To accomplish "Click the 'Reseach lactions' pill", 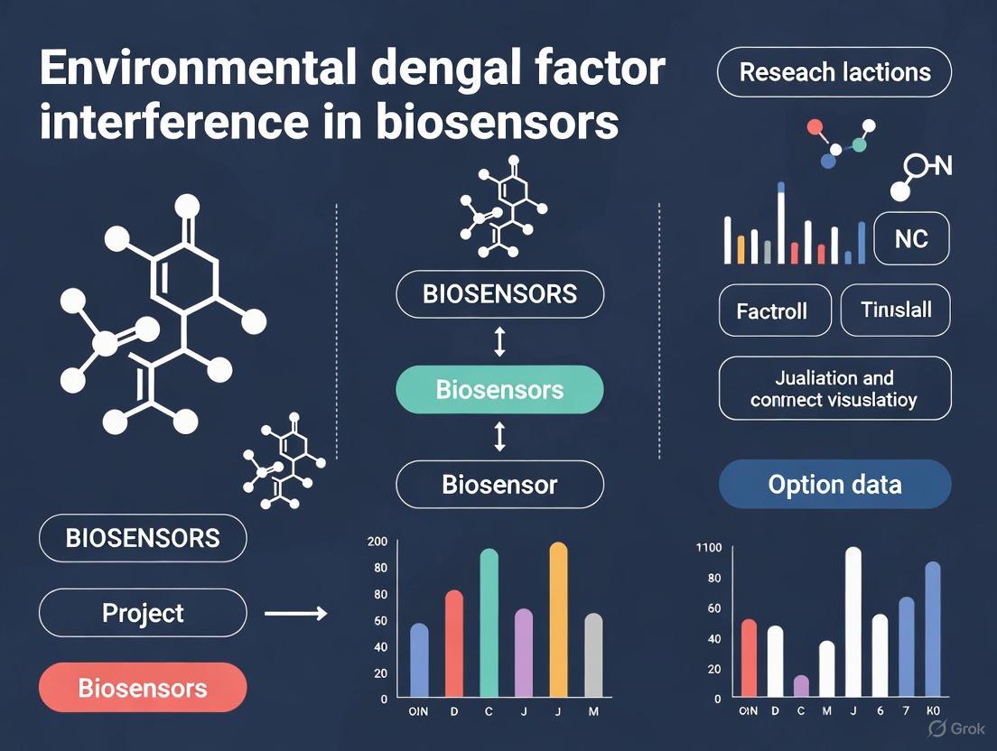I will [834, 72].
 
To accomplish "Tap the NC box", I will [911, 239].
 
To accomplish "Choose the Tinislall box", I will [895, 310].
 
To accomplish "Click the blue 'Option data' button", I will [834, 485].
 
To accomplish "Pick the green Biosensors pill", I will [499, 390].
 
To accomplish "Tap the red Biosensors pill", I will [143, 689].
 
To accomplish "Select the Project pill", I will [143, 614].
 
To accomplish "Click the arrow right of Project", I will [295, 614].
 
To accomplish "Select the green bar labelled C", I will [489, 623].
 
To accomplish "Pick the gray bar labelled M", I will [593, 655].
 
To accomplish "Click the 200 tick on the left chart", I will [377, 542].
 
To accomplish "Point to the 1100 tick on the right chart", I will [709, 547].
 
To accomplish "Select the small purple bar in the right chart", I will [801, 685].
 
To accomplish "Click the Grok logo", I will [952, 728].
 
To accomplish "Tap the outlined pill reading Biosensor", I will [499, 485].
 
